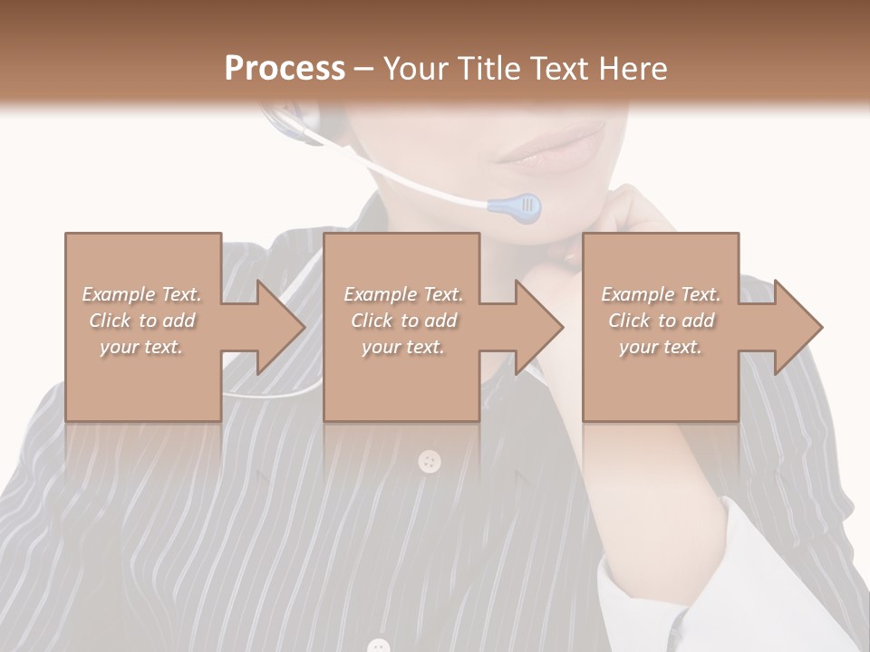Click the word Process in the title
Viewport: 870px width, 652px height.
tap(285, 69)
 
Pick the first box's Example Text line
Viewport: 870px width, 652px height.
tap(141, 294)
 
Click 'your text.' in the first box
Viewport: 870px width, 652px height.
tap(141, 347)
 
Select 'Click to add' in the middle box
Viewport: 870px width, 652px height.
tap(402, 321)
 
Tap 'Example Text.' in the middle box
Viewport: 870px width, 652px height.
tap(402, 294)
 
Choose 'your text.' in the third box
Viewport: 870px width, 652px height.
tap(660, 347)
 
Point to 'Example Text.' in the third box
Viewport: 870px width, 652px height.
tap(660, 294)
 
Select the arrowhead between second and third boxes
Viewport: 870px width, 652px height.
tap(538, 327)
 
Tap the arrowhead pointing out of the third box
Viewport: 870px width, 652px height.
tap(797, 327)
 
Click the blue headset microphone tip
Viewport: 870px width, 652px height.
tap(517, 208)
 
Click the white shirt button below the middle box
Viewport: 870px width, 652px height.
tap(430, 462)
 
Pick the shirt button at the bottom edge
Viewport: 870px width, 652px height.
tap(379, 646)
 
